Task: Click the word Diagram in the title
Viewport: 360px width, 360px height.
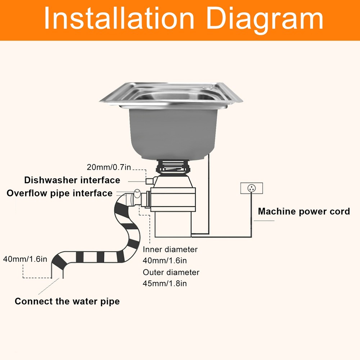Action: tap(265, 19)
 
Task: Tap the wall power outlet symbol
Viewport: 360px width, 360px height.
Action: tap(252, 188)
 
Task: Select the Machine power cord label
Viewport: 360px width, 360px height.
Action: tap(304, 211)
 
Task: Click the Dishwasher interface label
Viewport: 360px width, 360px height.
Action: tap(72, 180)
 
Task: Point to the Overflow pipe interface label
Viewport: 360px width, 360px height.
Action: tap(60, 193)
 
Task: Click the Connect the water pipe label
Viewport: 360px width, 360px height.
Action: tap(67, 301)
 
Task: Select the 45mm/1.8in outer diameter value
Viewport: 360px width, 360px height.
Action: tap(165, 283)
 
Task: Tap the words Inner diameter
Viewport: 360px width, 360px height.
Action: tap(170, 249)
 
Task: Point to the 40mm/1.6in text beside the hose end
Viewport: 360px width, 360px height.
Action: tap(25, 258)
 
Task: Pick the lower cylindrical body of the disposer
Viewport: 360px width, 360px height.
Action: tap(173, 223)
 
